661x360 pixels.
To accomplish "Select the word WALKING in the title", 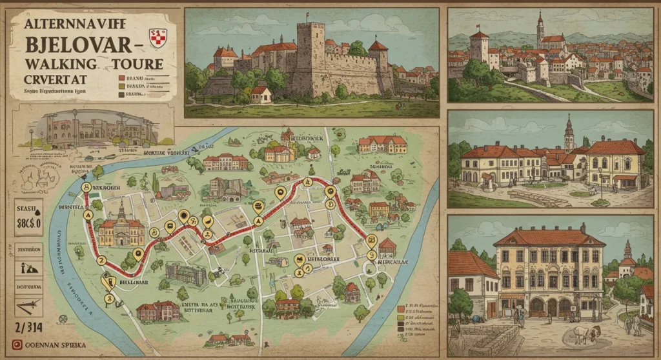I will pyautogui.click(x=61, y=65).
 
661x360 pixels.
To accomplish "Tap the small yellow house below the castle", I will pyautogui.click(x=260, y=95).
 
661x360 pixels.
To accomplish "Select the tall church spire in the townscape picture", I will pyautogui.click(x=540, y=29).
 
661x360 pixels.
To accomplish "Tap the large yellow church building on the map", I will pyautogui.click(x=119, y=229).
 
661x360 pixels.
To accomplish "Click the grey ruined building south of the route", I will pyautogui.click(x=186, y=274).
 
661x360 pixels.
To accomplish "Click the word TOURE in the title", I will pyautogui.click(x=136, y=65).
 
